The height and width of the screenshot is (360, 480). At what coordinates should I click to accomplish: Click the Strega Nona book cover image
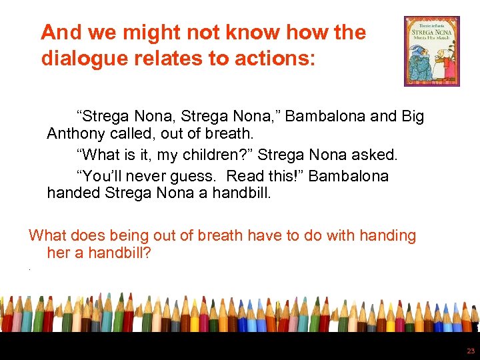(431, 51)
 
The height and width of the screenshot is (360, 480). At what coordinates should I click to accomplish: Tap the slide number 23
(470, 350)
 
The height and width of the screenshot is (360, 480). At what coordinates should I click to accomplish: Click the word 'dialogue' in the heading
(83, 59)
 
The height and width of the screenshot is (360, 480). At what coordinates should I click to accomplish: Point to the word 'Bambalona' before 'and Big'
(329, 117)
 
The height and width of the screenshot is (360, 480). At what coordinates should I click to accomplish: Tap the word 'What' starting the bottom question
(46, 235)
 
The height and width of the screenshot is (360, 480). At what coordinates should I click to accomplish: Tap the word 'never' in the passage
(137, 176)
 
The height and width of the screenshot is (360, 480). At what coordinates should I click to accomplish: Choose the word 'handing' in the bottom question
(389, 235)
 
